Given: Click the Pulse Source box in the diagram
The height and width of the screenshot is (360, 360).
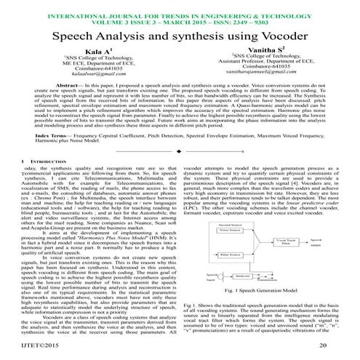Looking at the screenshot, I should click(x=229, y=277).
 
